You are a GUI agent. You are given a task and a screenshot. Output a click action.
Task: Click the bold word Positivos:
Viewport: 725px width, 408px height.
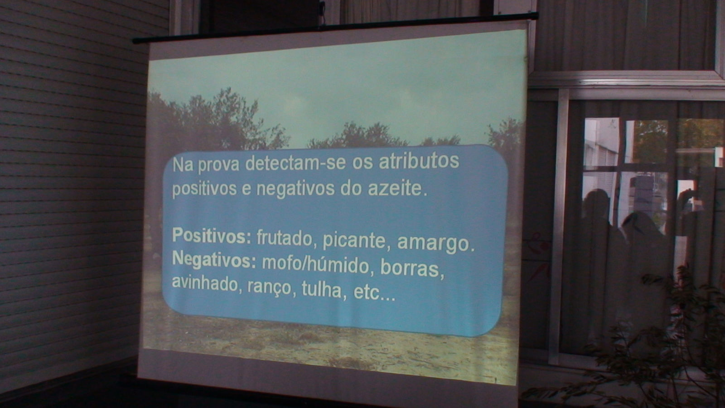[x=211, y=236]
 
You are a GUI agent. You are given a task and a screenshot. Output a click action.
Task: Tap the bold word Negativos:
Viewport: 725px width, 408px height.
[x=213, y=260]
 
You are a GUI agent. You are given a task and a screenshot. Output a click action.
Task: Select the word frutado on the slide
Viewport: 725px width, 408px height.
[x=284, y=238]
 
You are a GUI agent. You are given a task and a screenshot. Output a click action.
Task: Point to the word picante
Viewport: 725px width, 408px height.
[x=354, y=241]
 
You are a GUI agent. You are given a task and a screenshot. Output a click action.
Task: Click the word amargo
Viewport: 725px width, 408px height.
[x=436, y=243]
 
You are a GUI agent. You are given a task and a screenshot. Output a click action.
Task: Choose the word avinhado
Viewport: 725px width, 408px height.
[x=204, y=283]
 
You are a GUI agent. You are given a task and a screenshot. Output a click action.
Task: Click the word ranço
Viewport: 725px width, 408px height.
[x=269, y=287]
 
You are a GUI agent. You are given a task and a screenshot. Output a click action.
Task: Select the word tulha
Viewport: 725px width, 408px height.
[x=322, y=289]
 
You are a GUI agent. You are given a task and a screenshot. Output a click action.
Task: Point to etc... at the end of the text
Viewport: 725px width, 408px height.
[x=374, y=293]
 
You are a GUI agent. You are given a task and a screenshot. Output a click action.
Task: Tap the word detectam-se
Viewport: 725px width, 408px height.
[x=295, y=163]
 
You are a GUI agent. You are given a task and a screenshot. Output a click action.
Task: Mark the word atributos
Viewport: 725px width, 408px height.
[x=419, y=161]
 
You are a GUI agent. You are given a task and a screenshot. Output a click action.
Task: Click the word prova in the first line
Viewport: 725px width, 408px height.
[x=218, y=165]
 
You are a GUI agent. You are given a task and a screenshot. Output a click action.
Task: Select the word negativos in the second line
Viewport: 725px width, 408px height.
[x=295, y=189]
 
